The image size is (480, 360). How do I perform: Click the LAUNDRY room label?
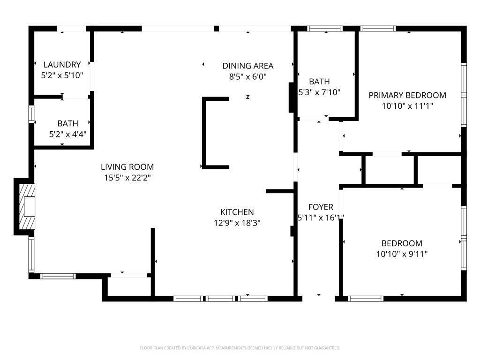click(x=62, y=65)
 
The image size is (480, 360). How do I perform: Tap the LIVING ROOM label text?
click(x=127, y=167)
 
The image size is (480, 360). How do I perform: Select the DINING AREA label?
click(x=248, y=66)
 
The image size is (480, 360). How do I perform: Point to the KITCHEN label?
click(x=237, y=212)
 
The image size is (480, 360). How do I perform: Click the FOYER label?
click(x=321, y=207)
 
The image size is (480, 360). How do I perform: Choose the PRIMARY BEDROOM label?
click(x=407, y=95)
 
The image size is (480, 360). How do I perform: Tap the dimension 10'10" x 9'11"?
click(x=402, y=254)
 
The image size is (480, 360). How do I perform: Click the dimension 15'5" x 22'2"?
click(x=127, y=178)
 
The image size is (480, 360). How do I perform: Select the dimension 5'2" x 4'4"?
click(x=68, y=134)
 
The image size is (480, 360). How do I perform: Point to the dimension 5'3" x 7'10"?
click(x=320, y=92)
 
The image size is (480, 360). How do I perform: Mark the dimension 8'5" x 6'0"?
click(x=248, y=76)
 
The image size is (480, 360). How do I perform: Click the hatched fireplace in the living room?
click(x=27, y=207)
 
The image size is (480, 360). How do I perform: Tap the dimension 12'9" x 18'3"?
click(x=237, y=223)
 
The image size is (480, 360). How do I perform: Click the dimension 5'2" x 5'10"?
click(x=62, y=75)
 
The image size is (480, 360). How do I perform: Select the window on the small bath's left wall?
click(x=31, y=114)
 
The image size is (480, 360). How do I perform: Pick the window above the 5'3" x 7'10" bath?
click(x=325, y=29)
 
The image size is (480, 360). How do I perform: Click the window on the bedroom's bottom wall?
click(x=366, y=299)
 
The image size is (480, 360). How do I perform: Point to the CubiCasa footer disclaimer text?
click(x=240, y=348)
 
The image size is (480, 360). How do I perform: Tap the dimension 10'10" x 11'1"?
click(x=407, y=106)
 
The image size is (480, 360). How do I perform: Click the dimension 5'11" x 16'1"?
click(x=321, y=217)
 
